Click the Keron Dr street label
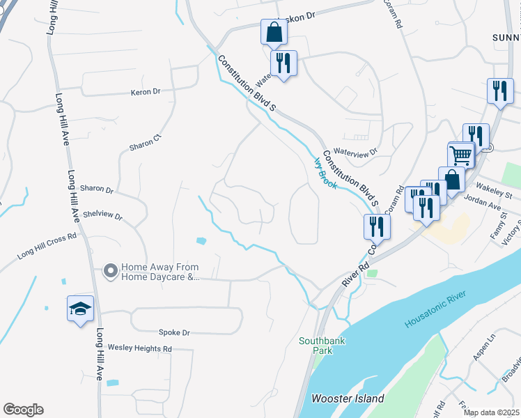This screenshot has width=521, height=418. coord(146,91)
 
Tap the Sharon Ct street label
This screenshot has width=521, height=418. coord(145,142)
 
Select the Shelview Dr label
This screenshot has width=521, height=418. coord(102,217)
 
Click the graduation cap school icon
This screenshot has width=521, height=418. coord(80,309)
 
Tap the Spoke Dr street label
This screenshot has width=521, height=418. coord(174,332)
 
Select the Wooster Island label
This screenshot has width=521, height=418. coord(348,398)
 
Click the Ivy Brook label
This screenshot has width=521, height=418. coord(325,172)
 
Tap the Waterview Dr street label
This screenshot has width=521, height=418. coord(355,151)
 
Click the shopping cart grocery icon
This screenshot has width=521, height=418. coord(460,155)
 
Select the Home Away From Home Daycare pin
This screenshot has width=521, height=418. coord(110,270)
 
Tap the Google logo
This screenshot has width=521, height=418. coord(23,410)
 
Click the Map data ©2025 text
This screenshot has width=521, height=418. coord(490,412)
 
